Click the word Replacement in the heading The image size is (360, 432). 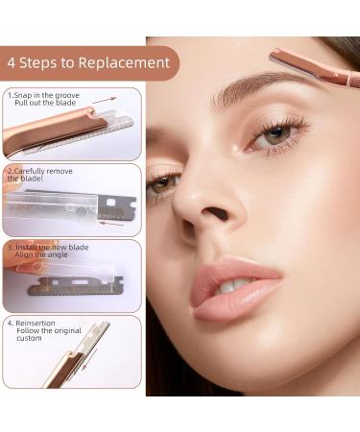(x=124, y=63)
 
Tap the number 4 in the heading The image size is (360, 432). (x=11, y=62)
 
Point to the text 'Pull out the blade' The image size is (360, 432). (x=45, y=103)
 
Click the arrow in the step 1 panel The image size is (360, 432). (x=105, y=100)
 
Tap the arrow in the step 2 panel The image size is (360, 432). (x=110, y=223)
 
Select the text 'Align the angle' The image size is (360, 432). (x=41, y=254)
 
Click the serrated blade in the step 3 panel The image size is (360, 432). (x=75, y=286)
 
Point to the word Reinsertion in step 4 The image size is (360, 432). (x=36, y=324)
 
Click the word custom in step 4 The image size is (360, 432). (x=29, y=338)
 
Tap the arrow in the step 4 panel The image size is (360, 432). (x=89, y=360)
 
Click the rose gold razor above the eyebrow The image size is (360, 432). (x=315, y=68)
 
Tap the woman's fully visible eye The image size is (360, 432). (x=276, y=133)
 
